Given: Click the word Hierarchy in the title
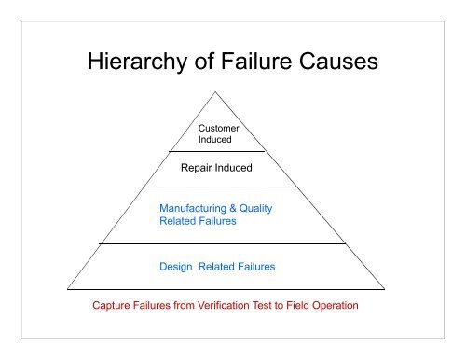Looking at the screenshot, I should (x=126, y=64).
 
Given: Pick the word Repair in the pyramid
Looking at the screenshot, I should (x=198, y=169).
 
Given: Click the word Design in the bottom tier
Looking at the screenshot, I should (x=177, y=266).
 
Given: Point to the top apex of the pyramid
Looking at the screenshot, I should (x=218, y=91).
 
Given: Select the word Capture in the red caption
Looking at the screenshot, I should (x=113, y=305).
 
